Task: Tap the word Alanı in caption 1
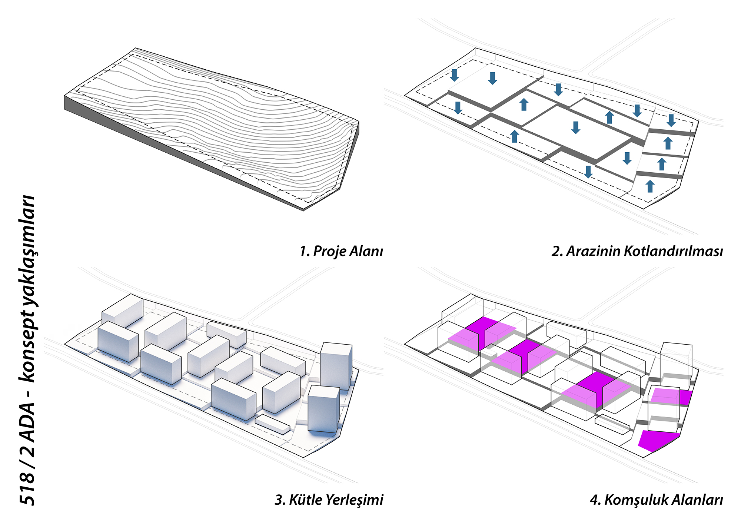tap(366, 251)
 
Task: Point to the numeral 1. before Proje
tap(305, 251)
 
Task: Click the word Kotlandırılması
tap(673, 251)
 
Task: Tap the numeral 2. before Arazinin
tap(557, 251)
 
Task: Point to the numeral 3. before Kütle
tap(280, 500)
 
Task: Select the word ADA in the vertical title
tap(27, 422)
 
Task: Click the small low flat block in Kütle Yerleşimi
tap(272, 424)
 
